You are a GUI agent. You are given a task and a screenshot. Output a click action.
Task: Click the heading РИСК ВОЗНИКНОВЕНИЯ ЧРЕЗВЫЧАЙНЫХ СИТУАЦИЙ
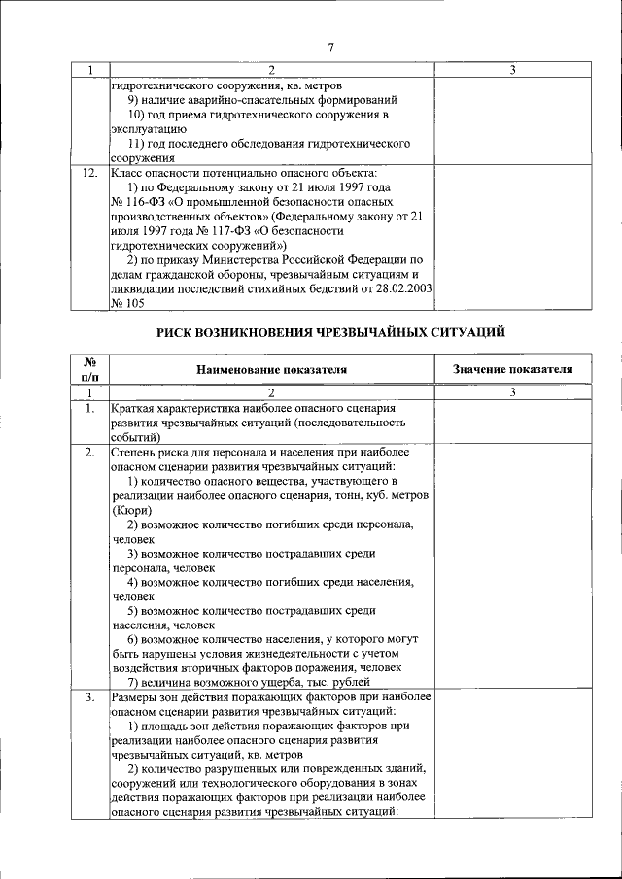[330, 332]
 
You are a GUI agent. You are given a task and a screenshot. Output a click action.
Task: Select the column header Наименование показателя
[271, 369]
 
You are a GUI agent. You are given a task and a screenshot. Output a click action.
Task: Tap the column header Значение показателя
[512, 369]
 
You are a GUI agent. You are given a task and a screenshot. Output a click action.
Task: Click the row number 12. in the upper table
[89, 172]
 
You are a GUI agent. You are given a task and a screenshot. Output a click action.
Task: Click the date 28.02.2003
[400, 288]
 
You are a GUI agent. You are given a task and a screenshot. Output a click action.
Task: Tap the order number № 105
[129, 303]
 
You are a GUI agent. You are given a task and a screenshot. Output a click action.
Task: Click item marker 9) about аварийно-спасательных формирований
[135, 99]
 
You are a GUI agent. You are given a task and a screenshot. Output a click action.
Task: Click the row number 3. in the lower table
[89, 697]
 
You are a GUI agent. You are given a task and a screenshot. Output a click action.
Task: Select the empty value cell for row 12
[512, 237]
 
